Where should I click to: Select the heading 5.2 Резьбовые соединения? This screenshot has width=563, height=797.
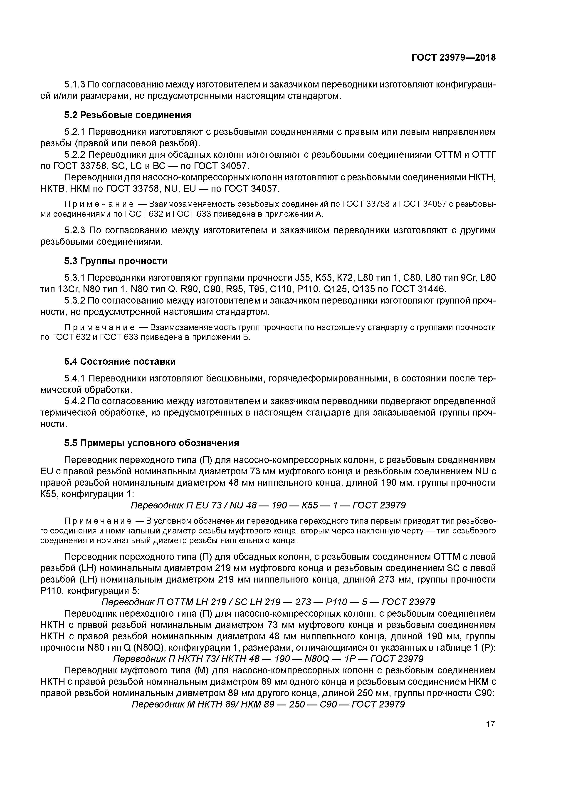tap(128, 115)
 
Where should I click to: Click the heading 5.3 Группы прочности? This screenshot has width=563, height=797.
tap(116, 261)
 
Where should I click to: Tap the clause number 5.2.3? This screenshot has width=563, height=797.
tap(75, 230)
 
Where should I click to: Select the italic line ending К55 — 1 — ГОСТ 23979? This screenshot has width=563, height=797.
tap(268, 505)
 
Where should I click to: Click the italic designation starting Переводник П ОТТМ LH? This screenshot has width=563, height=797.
tap(268, 602)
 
